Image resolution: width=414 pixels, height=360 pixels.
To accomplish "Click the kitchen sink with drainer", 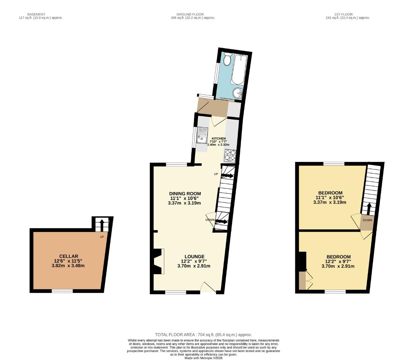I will click(x=202, y=136).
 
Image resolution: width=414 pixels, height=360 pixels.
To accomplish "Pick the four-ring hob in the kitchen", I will click(x=230, y=155).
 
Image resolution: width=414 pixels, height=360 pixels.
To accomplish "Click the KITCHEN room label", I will click(x=219, y=138).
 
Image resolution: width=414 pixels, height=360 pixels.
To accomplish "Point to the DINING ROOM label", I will click(x=185, y=193).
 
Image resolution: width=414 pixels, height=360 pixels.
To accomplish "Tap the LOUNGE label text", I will click(x=194, y=257).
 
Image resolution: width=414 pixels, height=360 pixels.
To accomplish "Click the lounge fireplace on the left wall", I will click(x=159, y=261).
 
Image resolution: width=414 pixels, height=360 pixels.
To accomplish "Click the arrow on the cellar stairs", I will click(x=102, y=224).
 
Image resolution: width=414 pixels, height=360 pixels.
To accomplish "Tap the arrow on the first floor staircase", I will click(x=368, y=209).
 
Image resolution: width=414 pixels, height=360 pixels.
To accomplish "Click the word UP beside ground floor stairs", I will click(x=216, y=174).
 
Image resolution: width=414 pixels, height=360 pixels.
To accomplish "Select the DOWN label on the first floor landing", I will click(x=367, y=220).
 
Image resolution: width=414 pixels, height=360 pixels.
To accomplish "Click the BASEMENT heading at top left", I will click(x=36, y=14).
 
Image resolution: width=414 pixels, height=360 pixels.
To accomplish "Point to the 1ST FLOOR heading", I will click(x=343, y=14).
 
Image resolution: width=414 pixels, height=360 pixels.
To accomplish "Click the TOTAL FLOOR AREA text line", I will click(x=203, y=335).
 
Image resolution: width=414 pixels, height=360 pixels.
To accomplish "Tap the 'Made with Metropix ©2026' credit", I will click(x=203, y=358).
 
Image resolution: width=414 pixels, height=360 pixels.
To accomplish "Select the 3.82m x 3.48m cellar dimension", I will click(x=68, y=266).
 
